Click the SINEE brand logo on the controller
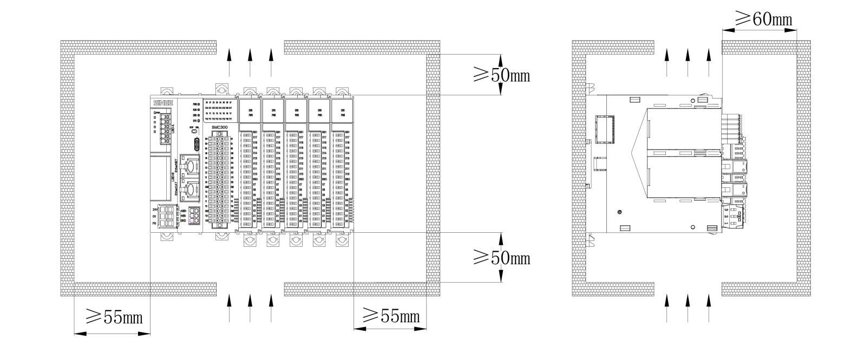point(162,102)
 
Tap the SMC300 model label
point(219,127)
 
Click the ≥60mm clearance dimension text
point(763,19)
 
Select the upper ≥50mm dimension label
point(501,75)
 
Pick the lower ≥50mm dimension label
point(501,258)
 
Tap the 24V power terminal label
point(155,209)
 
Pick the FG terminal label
point(155,222)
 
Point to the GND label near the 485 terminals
point(183,221)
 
